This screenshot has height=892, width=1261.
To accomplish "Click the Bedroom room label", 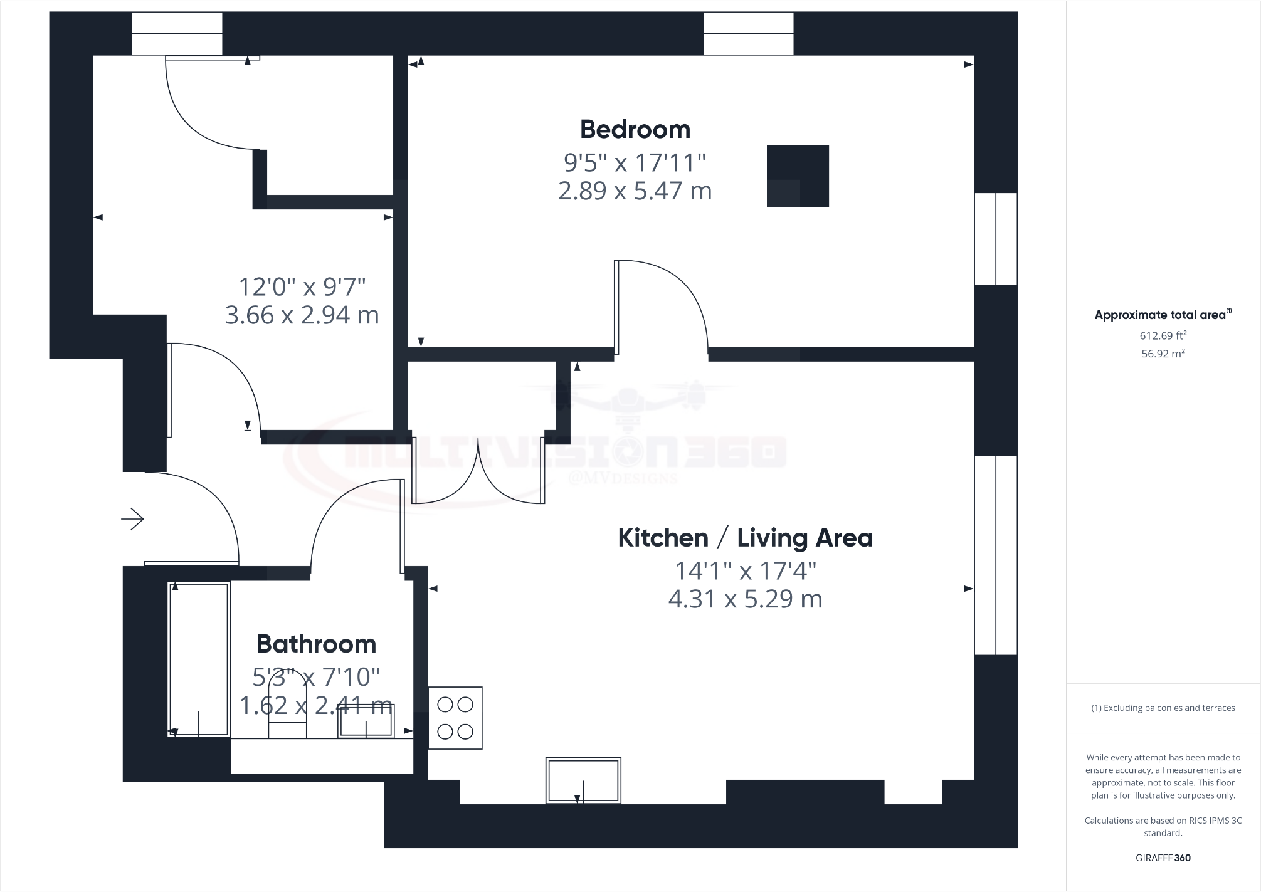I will pyautogui.click(x=635, y=130).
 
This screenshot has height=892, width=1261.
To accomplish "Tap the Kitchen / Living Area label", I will pyautogui.click(x=745, y=538).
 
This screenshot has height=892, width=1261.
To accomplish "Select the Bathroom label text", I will pyautogui.click(x=316, y=644).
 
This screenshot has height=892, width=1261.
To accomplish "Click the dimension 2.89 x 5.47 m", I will pyautogui.click(x=635, y=191).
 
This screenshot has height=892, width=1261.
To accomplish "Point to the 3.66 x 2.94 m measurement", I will pyautogui.click(x=302, y=315).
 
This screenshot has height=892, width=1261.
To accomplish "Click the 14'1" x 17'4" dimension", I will pyautogui.click(x=745, y=571).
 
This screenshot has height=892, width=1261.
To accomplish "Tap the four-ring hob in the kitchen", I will pyautogui.click(x=455, y=718).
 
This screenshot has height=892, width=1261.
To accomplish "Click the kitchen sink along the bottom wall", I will pyautogui.click(x=583, y=780).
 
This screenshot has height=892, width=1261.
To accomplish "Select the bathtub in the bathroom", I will pyautogui.click(x=199, y=659).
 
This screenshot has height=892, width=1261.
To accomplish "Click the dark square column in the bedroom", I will pyautogui.click(x=798, y=176).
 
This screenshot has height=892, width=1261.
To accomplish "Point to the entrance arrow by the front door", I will pyautogui.click(x=133, y=519).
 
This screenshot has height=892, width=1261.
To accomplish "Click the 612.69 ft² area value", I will pyautogui.click(x=1163, y=335).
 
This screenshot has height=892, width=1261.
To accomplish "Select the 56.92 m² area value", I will pyautogui.click(x=1163, y=354).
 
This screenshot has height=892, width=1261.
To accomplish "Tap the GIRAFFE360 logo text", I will pyautogui.click(x=1163, y=858).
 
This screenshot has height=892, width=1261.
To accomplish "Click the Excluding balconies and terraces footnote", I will pyautogui.click(x=1163, y=708).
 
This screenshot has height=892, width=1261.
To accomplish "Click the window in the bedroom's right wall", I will pyautogui.click(x=996, y=239).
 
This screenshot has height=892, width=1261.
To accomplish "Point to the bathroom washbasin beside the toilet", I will pyautogui.click(x=366, y=721).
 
